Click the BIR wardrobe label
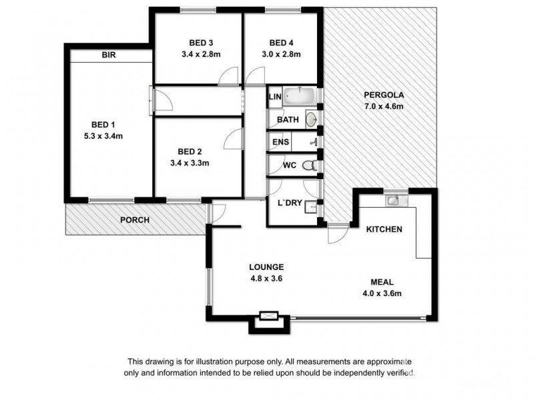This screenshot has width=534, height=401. point(109,56)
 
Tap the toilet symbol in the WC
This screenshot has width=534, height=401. point(308,165)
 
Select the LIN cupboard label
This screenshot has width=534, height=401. point(274,98)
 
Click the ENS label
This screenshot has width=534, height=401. point(280,142)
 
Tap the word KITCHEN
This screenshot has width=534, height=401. point(384,229)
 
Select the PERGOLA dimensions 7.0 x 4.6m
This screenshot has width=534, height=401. point(384,106)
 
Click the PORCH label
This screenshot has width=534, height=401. point(134,220)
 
